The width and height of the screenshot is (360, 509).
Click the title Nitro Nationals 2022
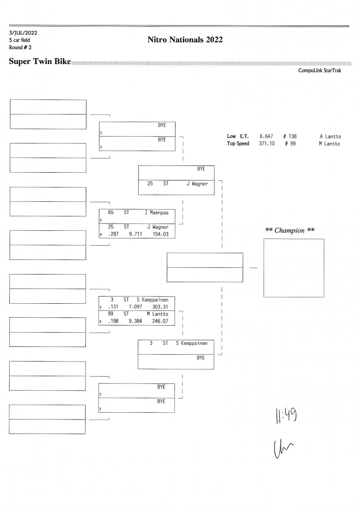pos(185,40)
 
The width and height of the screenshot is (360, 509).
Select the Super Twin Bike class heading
pos(39,62)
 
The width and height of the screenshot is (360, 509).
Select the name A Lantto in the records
pos(330,137)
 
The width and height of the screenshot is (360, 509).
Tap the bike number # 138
pos(290,137)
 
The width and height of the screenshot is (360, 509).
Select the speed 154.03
pos(160,234)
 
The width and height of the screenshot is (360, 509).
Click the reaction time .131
pos(112,306)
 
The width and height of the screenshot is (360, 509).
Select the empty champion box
pos(293,268)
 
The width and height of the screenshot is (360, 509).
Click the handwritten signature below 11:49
pos(284,447)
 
